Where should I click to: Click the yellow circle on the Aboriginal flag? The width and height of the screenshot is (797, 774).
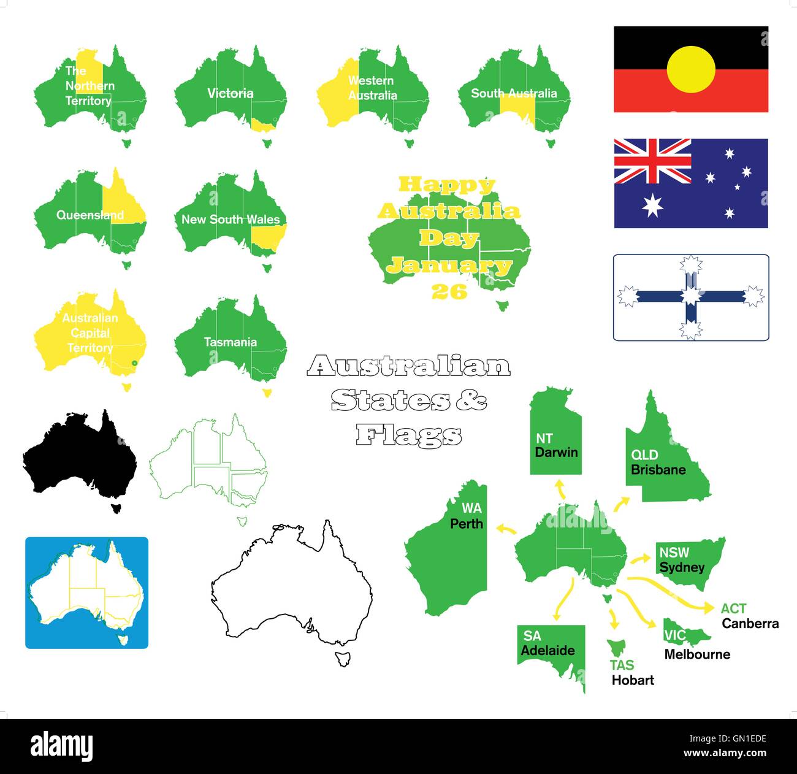pyautogui.click(x=691, y=69)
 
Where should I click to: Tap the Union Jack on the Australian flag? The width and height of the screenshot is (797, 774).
pyautogui.click(x=652, y=161)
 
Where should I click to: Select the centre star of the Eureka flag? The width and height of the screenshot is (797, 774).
pyautogui.click(x=691, y=297)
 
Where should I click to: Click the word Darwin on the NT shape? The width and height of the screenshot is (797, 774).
pyautogui.click(x=556, y=453)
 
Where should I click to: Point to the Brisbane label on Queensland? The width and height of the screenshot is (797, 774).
pyautogui.click(x=658, y=470)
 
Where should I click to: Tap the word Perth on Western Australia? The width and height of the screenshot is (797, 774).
pyautogui.click(x=467, y=524)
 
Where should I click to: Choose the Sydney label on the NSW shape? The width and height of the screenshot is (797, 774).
pyautogui.click(x=682, y=567)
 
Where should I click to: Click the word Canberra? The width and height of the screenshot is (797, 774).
pyautogui.click(x=750, y=624)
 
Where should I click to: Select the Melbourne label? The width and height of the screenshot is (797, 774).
pyautogui.click(x=697, y=654)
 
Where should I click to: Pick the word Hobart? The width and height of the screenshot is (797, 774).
pyautogui.click(x=633, y=680)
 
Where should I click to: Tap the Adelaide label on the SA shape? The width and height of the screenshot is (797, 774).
pyautogui.click(x=547, y=651)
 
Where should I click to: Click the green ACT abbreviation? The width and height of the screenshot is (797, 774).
pyautogui.click(x=733, y=608)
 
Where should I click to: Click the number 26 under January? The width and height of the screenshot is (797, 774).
pyautogui.click(x=449, y=292)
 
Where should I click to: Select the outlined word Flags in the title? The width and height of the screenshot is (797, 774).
pyautogui.click(x=409, y=435)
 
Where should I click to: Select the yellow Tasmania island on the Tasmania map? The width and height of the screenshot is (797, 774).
pyautogui.click(x=267, y=393)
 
